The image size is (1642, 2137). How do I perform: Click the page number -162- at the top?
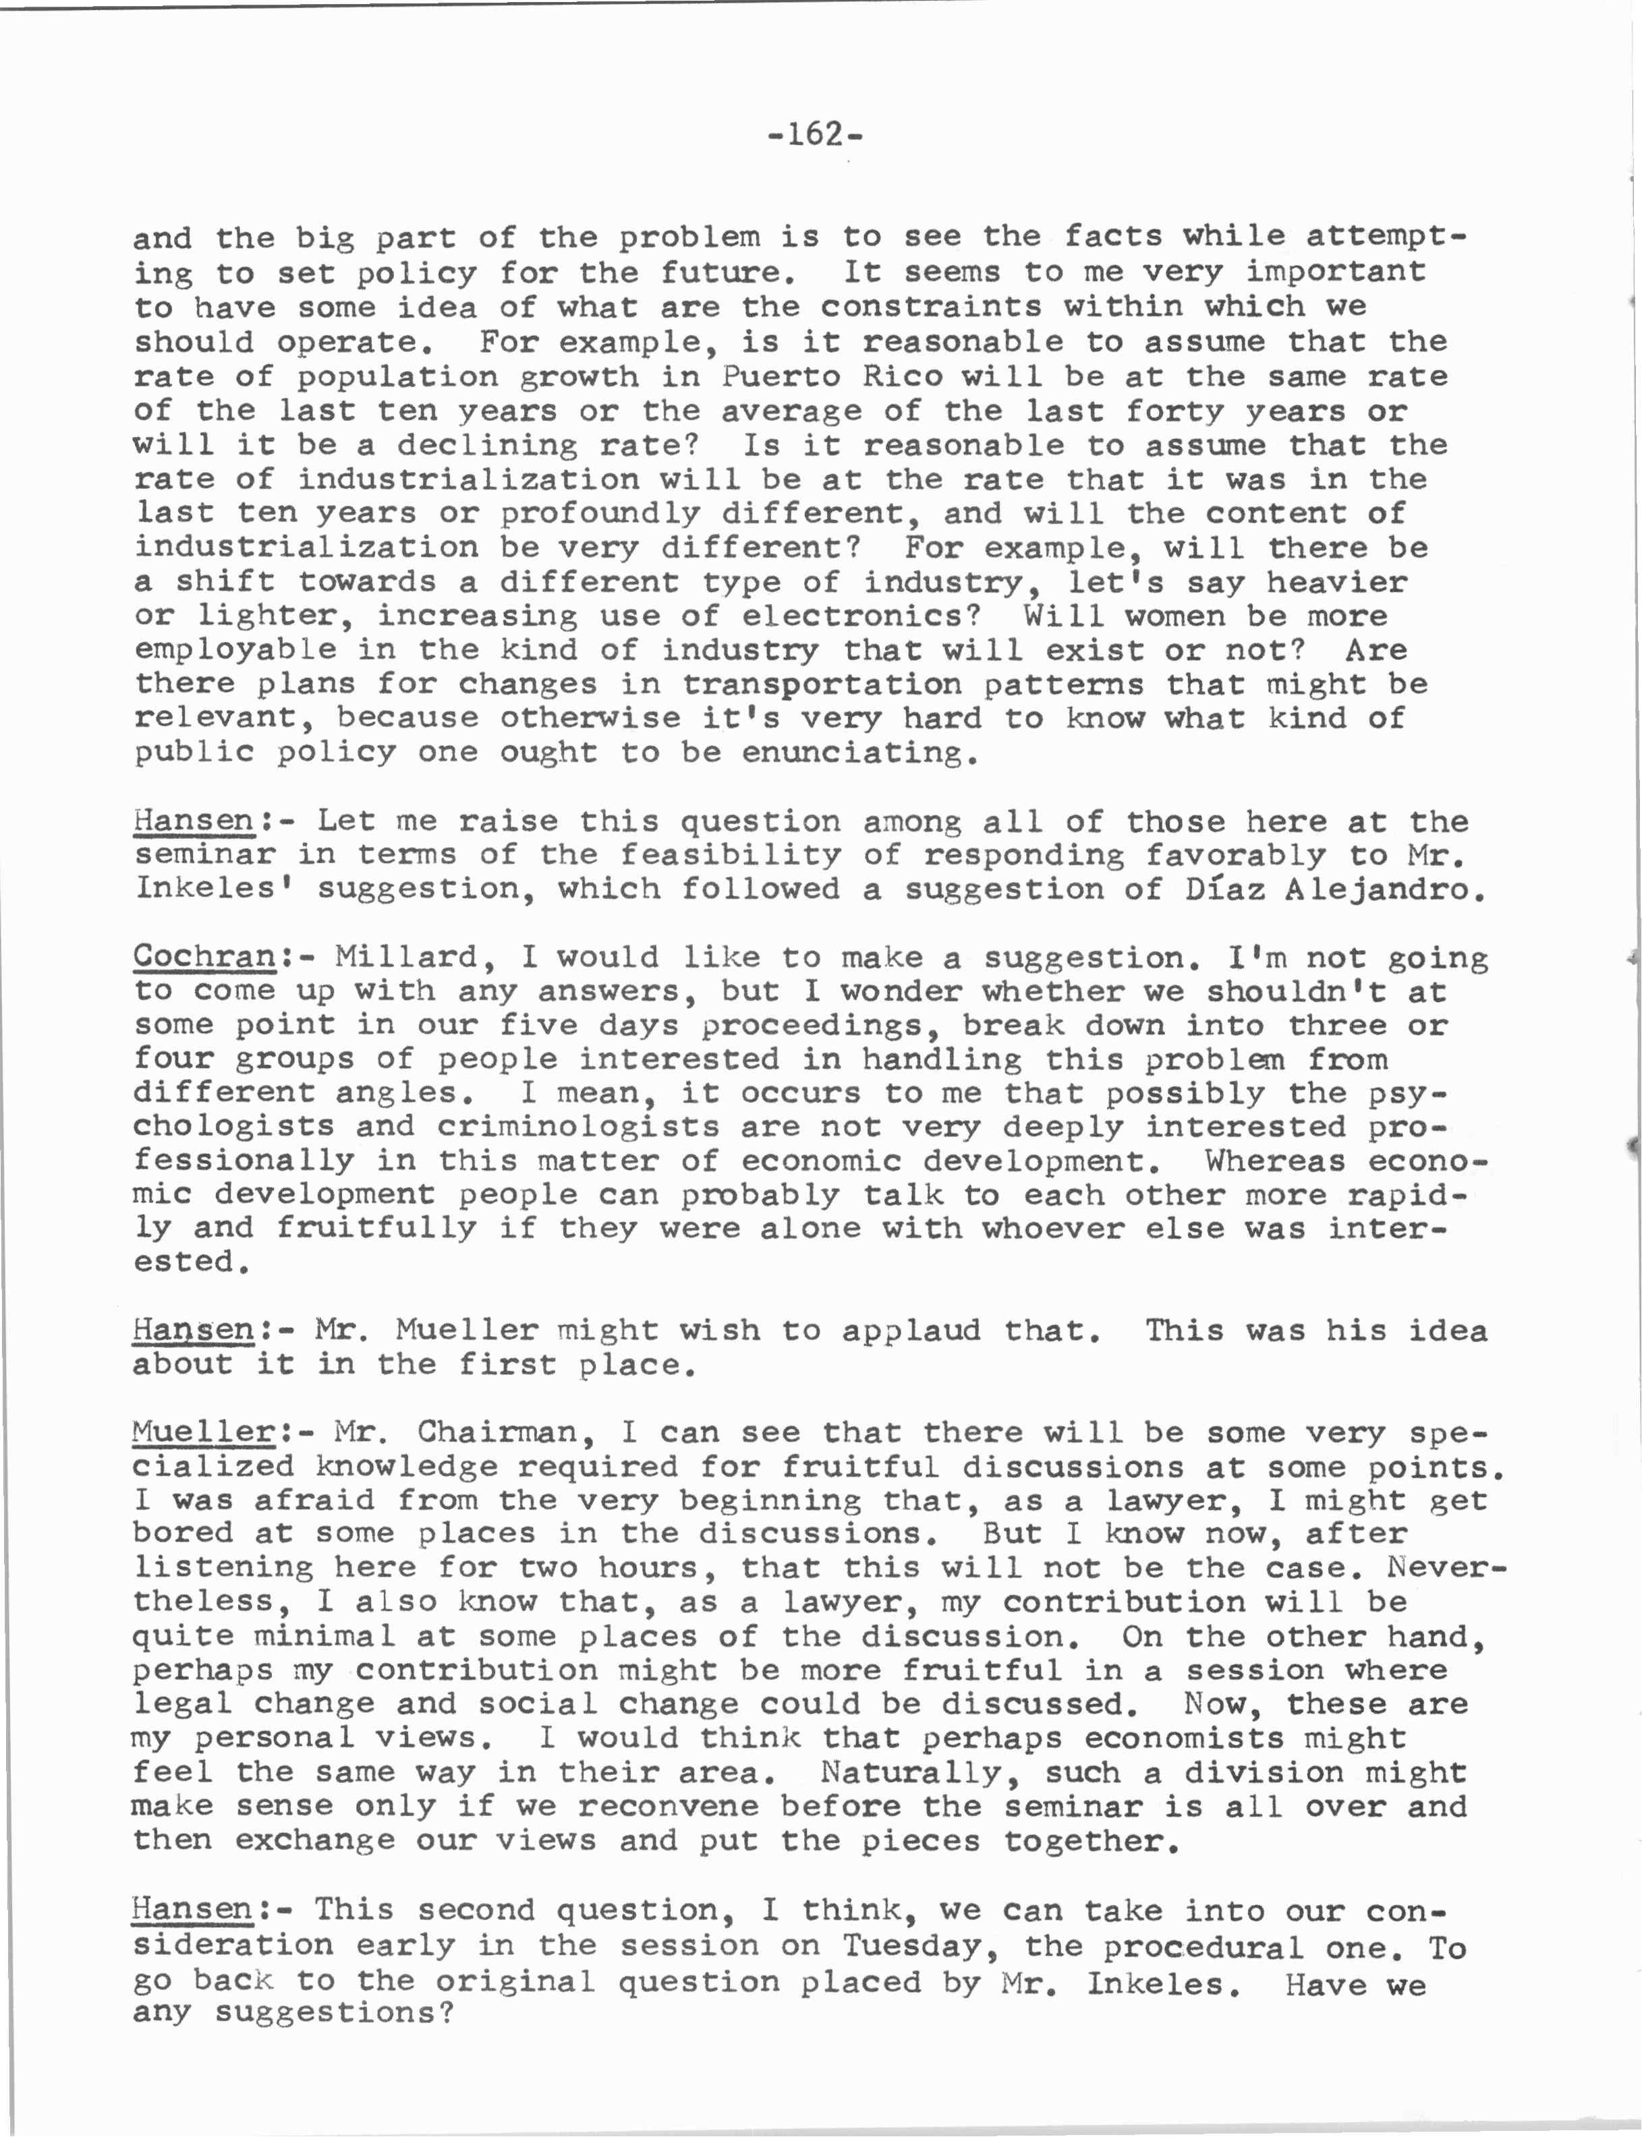pyautogui.click(x=815, y=134)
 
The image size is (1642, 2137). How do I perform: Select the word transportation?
pyautogui.click(x=822, y=684)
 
